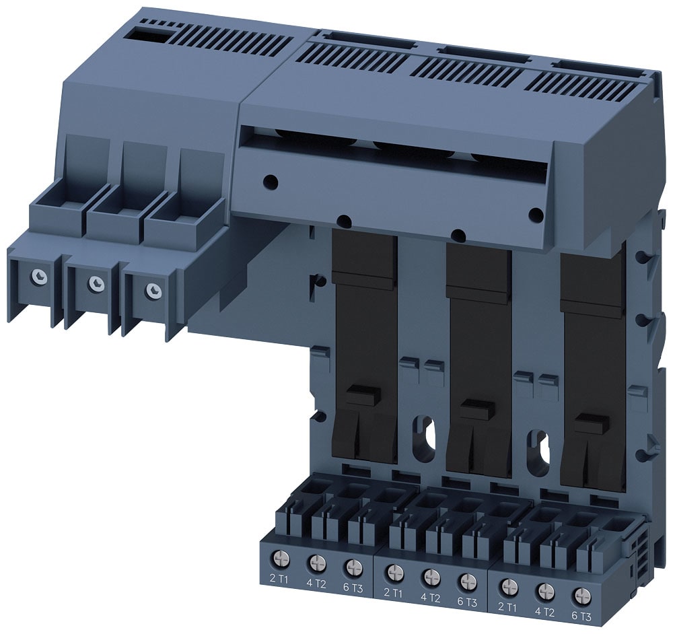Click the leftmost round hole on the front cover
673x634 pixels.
269,180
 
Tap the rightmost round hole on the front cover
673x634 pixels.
536,215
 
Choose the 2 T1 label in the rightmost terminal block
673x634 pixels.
507,607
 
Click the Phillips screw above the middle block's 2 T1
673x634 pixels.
394,572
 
